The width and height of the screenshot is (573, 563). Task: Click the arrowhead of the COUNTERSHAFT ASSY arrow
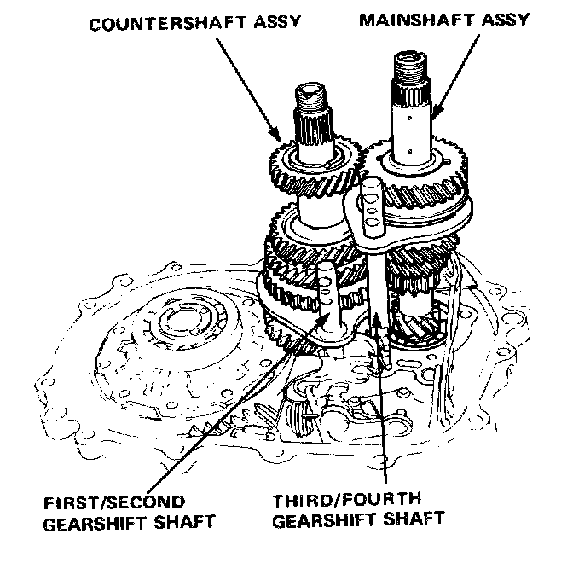point(275,136)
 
